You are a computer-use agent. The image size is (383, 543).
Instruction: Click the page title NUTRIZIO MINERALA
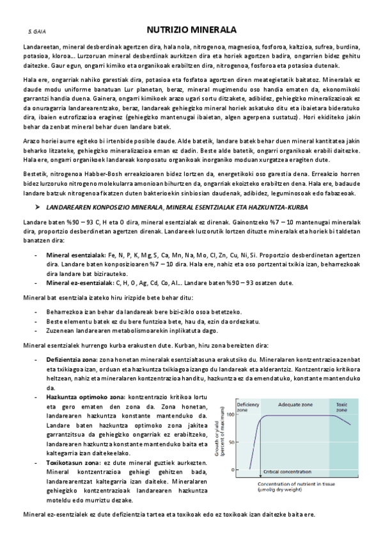[x=191, y=29]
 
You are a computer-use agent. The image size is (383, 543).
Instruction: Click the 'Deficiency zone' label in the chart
[x=247, y=407]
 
